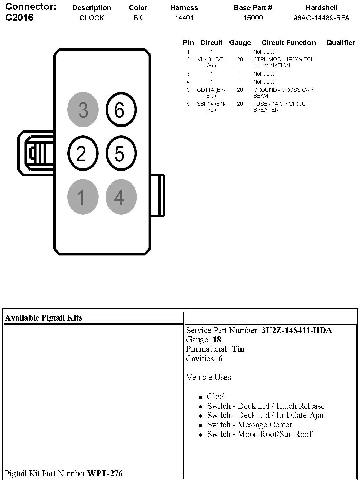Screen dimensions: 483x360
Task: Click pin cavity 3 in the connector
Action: [83, 110]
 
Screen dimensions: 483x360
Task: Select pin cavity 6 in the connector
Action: [121, 110]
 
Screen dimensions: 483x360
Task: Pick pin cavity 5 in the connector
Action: [121, 153]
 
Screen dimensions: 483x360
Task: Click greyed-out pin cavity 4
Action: [121, 197]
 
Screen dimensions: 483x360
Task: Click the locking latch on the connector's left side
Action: [35, 153]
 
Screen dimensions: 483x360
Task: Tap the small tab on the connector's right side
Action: [158, 195]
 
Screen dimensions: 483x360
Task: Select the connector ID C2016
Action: [20, 18]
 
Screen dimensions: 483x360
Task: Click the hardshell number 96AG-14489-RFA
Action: [321, 18]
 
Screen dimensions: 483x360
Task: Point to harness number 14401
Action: [184, 18]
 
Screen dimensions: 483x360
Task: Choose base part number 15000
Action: [253, 18]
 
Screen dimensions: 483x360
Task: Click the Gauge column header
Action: [240, 43]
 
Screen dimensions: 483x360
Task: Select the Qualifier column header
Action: [340, 43]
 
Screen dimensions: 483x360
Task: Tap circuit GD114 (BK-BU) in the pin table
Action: [211, 93]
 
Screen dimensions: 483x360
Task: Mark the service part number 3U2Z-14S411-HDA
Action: [297, 330]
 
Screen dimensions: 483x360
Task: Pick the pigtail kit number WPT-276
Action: [105, 473]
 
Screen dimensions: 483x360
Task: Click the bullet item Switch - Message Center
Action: [249, 425]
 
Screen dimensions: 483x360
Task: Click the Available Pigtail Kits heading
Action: [44, 318]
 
